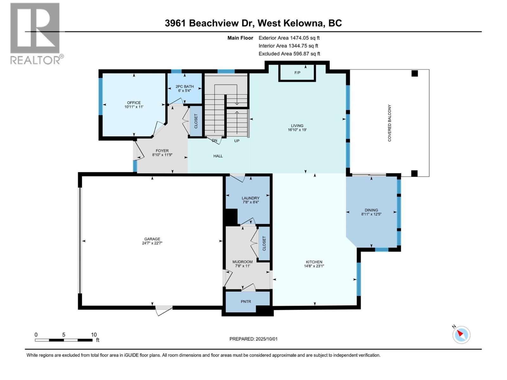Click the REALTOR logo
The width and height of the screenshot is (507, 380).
pyautogui.click(x=35, y=33)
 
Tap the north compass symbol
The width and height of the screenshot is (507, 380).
pyautogui.click(x=461, y=335)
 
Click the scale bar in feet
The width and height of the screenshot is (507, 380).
pyautogui.click(x=63, y=340)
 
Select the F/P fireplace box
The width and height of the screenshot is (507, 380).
pyautogui.click(x=297, y=73)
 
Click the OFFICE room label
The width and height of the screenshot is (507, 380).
pyautogui.click(x=134, y=103)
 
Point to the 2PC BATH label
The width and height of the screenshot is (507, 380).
pyautogui.click(x=184, y=86)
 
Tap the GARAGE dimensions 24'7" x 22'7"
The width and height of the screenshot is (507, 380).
pyautogui.click(x=152, y=243)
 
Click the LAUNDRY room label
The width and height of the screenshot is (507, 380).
pyautogui.click(x=251, y=198)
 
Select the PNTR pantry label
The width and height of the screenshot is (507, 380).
pyautogui.click(x=246, y=301)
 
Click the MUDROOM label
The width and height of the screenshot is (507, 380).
pyautogui.click(x=242, y=262)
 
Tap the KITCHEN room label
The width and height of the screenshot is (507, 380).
pyautogui.click(x=314, y=262)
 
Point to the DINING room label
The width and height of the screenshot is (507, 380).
pyautogui.click(x=371, y=210)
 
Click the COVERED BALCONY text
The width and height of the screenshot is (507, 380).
pyautogui.click(x=389, y=123)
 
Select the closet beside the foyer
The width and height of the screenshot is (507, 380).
pyautogui.click(x=196, y=121)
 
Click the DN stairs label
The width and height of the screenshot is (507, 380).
pyautogui.click(x=215, y=141)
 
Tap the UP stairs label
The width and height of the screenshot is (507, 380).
pyautogui.click(x=237, y=141)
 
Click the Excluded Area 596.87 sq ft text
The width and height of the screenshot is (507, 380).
pyautogui.click(x=289, y=54)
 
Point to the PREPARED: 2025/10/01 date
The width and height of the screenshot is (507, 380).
pyautogui.click(x=253, y=339)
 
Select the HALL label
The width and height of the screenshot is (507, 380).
pyautogui.click(x=218, y=156)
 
